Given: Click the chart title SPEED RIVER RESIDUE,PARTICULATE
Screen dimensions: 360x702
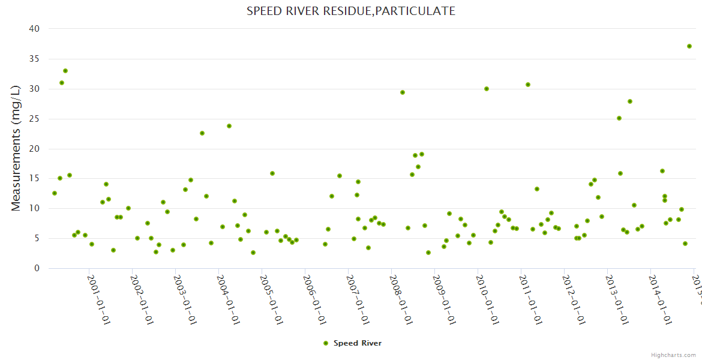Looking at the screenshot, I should click(350, 11).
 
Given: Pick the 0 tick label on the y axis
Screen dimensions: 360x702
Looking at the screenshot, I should click(37, 269).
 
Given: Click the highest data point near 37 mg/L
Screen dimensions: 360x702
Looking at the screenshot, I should click(689, 46).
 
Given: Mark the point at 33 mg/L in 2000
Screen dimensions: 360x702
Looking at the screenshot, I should click(65, 71).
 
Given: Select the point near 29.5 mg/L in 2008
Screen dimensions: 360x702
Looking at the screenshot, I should click(403, 92).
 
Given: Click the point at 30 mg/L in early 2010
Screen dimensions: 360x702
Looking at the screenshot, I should click(487, 89).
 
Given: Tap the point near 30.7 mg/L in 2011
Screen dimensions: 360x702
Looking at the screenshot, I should click(528, 85).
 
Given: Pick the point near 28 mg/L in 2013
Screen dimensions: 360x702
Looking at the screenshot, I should click(630, 101).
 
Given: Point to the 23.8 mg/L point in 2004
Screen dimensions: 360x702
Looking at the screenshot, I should click(229, 126).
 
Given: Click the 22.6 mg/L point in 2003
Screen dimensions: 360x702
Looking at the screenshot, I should click(202, 133).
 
